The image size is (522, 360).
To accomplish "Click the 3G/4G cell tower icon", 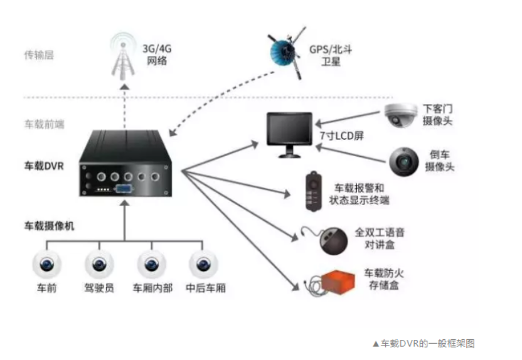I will [x=124, y=53].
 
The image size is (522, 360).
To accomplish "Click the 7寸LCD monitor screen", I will [x=289, y=131].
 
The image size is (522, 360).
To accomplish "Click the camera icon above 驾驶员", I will [x=99, y=264].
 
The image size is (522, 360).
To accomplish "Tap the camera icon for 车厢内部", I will [x=151, y=264].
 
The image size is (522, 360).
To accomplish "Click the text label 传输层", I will [x=40, y=55].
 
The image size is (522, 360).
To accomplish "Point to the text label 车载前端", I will [x=44, y=124].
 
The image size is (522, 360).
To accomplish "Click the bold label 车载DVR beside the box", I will [x=44, y=167].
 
